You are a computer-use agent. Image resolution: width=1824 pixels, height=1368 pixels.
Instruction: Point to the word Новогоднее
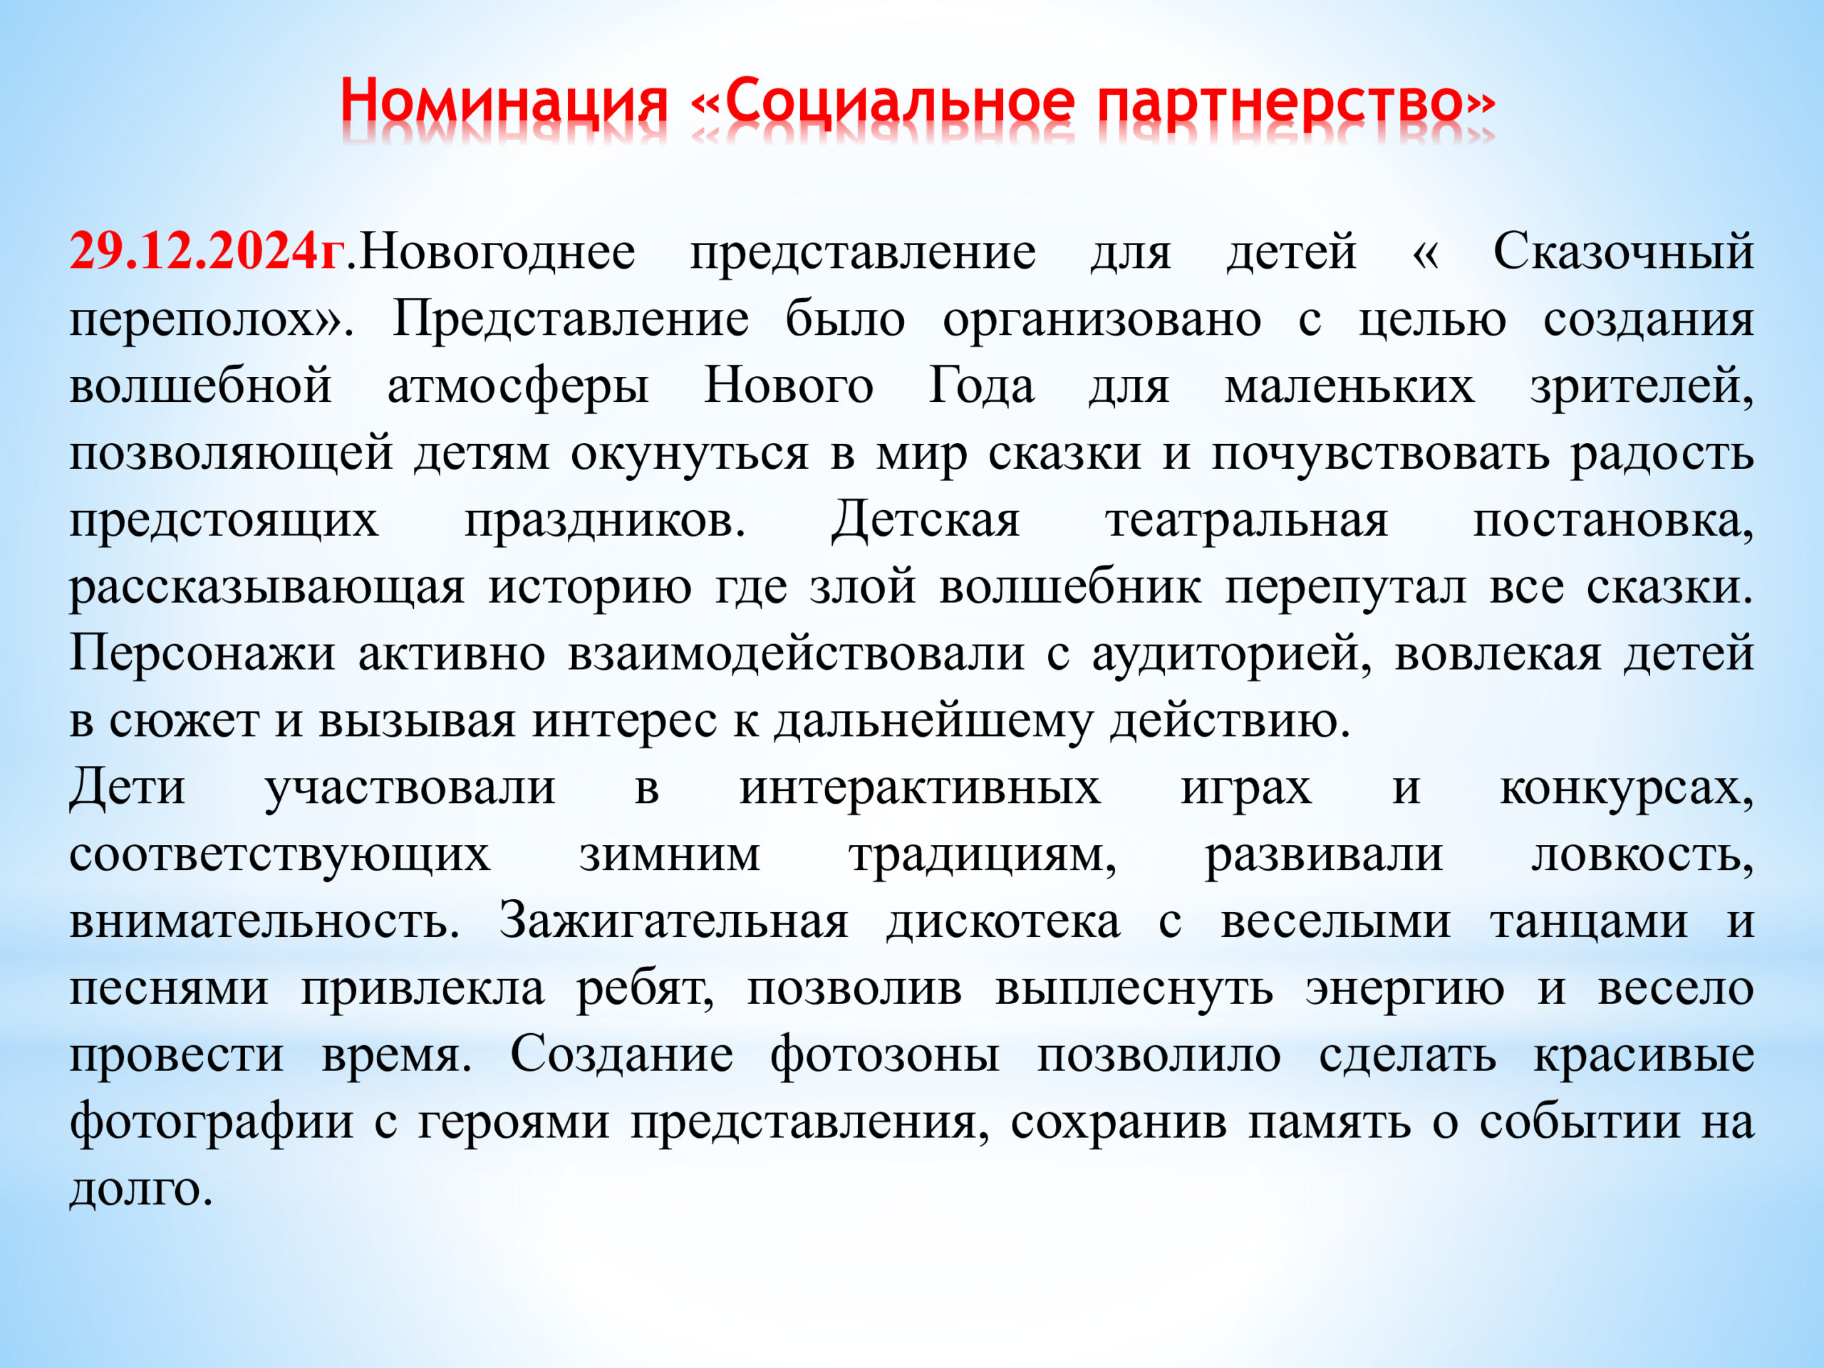coord(498,252)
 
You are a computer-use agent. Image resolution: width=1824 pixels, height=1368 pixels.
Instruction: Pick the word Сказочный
coord(1623,252)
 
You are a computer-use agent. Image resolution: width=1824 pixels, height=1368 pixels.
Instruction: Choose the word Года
coord(981,386)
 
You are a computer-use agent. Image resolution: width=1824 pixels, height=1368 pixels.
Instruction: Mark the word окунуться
coord(690,455)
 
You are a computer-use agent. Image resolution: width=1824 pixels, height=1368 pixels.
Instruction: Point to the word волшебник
coord(1069,588)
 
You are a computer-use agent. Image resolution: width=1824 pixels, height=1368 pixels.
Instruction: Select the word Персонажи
coord(202,654)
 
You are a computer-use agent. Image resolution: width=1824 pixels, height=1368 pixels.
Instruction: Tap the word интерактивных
coord(919,788)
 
